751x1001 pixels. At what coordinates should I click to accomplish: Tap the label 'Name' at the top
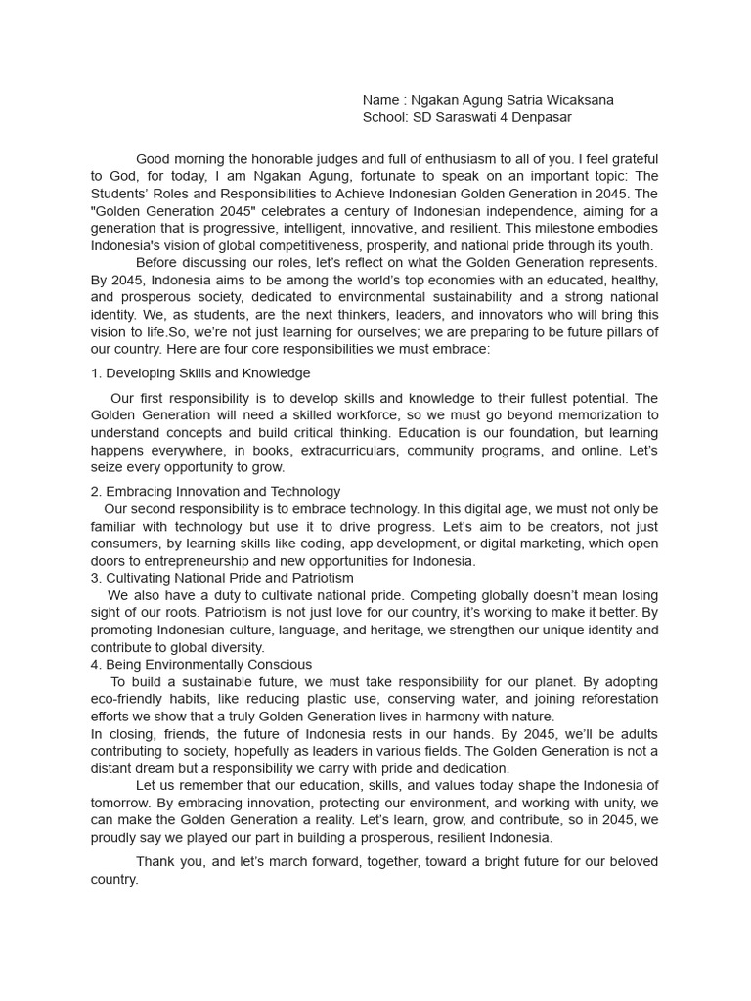(x=380, y=100)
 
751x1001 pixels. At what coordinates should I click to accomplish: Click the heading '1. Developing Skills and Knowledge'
(x=200, y=373)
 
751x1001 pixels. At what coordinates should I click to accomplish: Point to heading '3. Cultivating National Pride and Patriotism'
(x=222, y=578)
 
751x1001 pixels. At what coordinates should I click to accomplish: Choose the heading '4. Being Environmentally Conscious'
(x=200, y=665)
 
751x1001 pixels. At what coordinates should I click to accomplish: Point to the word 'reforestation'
(x=616, y=699)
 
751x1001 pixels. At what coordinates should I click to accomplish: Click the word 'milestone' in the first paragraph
(x=548, y=229)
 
